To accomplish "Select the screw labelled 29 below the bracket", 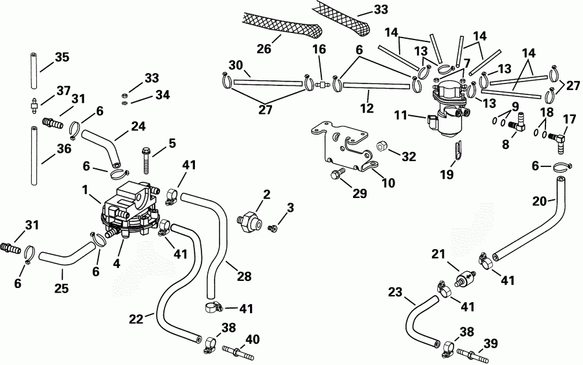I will click(336, 175).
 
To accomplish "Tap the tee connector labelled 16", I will click(320, 84).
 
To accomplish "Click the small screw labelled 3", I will click(274, 227).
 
